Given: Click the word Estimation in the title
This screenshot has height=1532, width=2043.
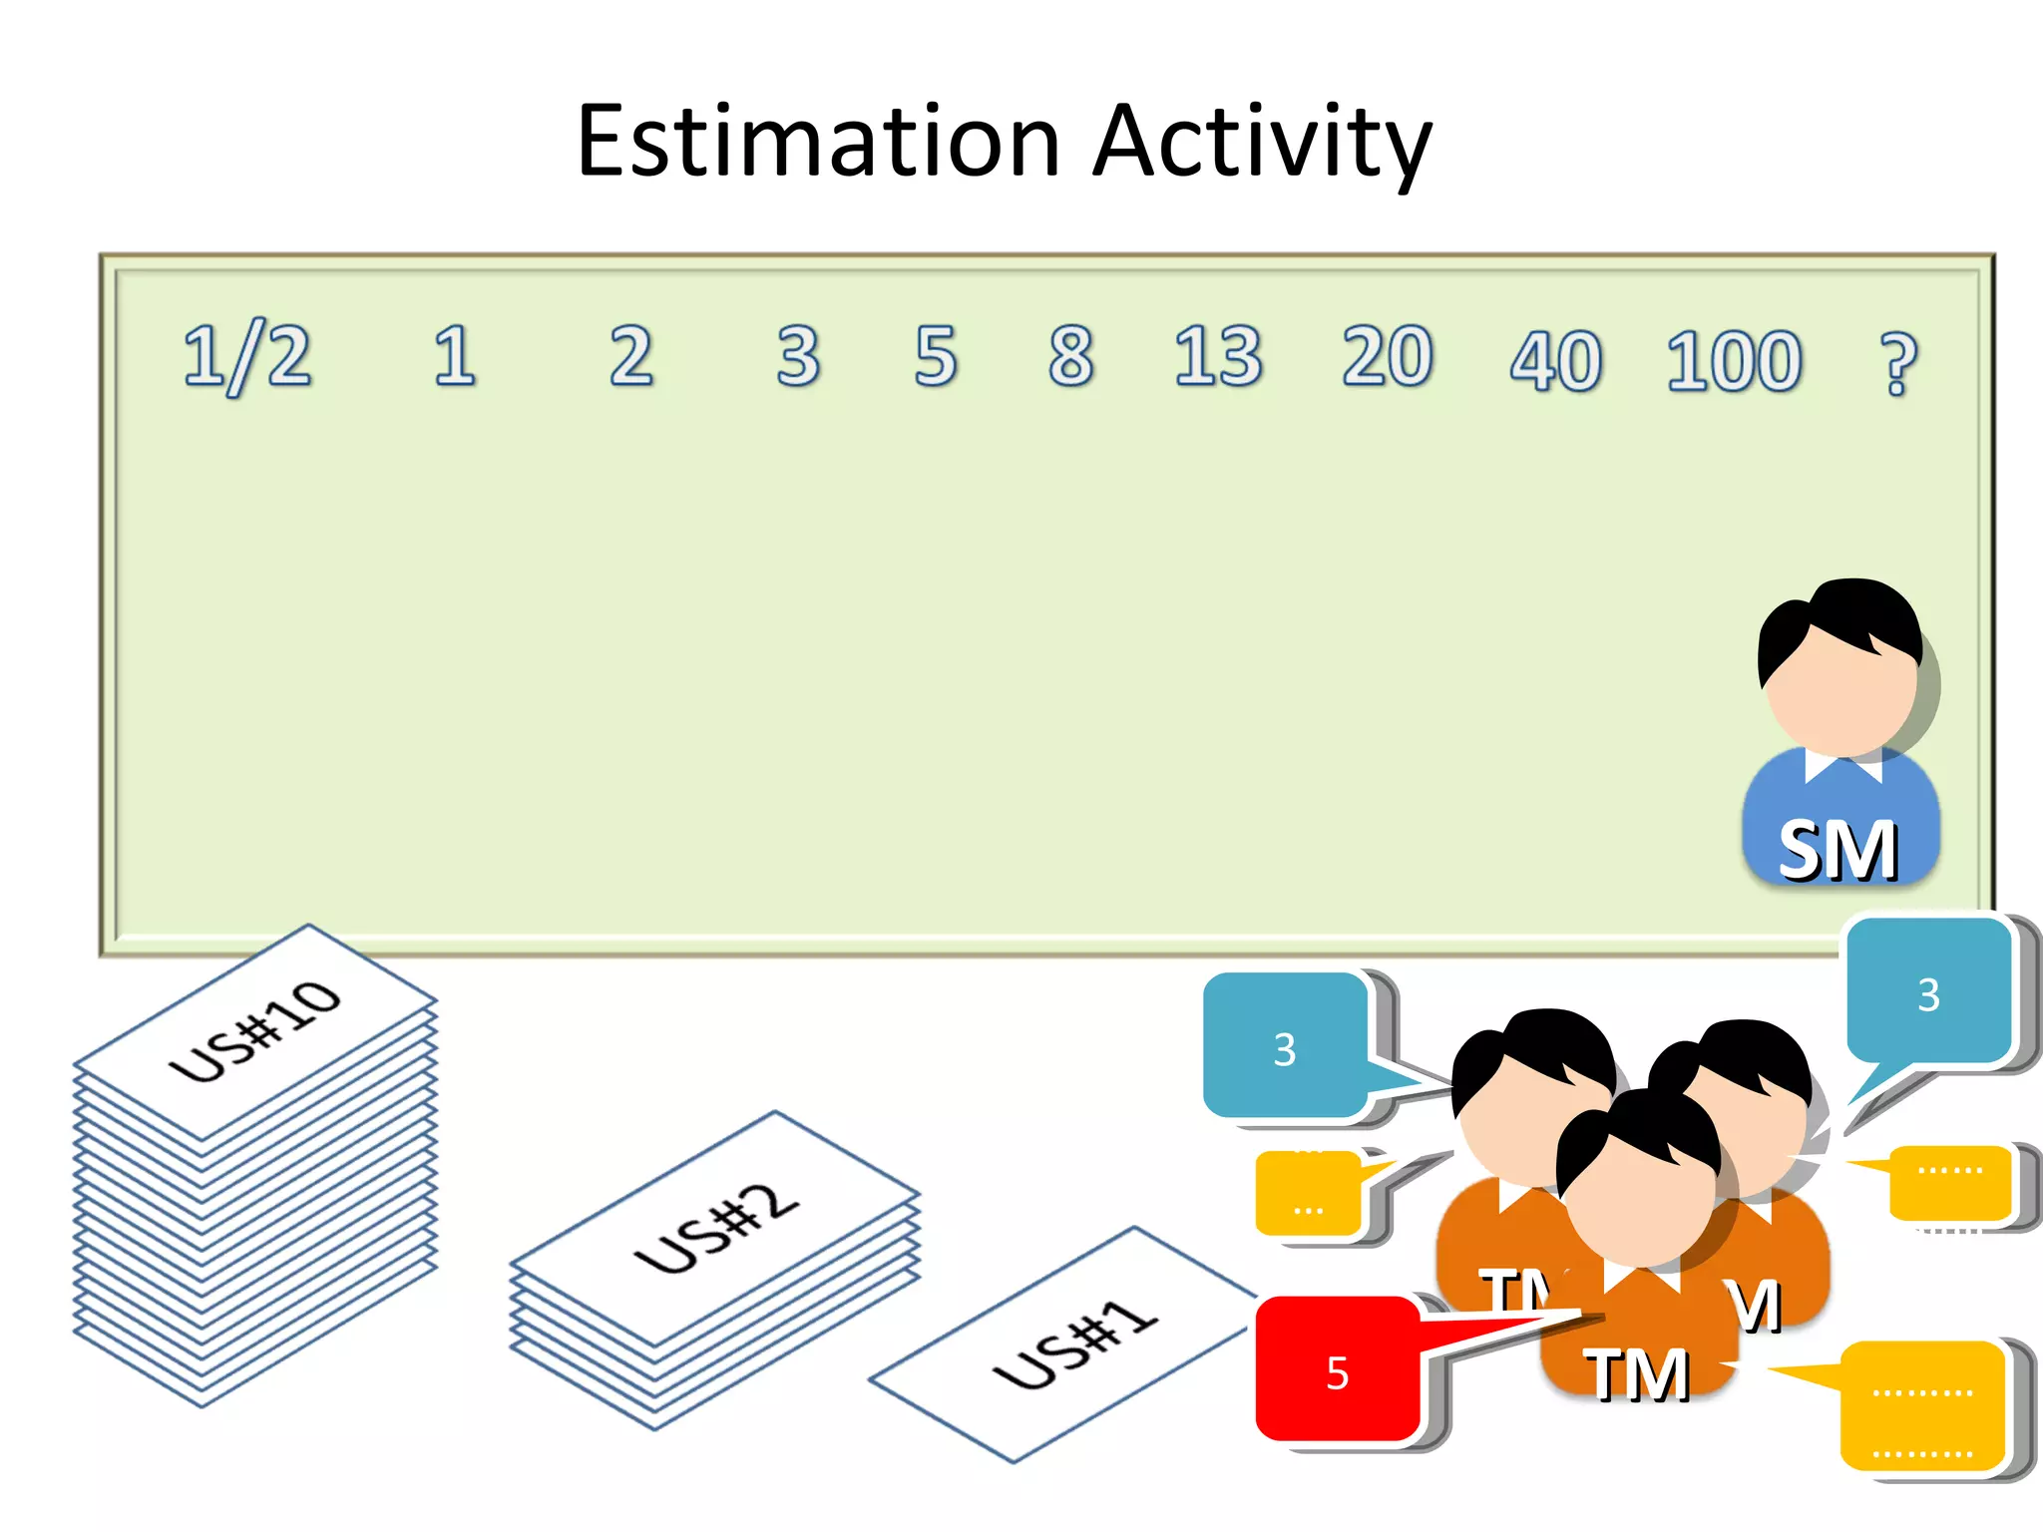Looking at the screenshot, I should pos(818,142).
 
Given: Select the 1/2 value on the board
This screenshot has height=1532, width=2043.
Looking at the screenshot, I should pos(247,356).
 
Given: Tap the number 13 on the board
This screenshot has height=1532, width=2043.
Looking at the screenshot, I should pos(1217,356).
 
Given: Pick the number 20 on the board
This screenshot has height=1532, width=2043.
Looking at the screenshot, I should pos(1387,356).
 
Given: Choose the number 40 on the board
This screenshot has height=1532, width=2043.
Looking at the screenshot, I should pos(1555,360).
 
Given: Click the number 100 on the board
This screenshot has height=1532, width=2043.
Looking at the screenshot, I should pos(1734,360).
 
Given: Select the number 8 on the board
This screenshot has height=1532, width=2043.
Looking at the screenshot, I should pos(1071,356).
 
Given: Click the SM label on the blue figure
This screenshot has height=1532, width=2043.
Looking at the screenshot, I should pos(1838,851).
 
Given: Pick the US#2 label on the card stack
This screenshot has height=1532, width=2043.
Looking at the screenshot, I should pos(716,1229).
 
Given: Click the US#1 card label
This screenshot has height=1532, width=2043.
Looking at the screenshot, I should pos(1075,1344).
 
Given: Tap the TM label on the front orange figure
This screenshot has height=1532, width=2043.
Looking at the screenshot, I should pos(1638,1374).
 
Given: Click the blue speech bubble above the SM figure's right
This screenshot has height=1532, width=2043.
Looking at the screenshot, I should pos(1928,992).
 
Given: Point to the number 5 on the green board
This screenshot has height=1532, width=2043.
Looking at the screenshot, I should pos(936,356).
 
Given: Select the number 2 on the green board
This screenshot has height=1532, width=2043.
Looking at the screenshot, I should pos(631,356).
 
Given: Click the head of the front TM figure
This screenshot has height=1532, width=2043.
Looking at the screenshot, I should pos(1639,1182).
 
